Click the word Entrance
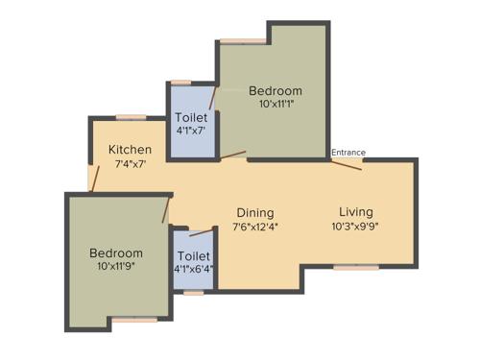pyautogui.click(x=348, y=152)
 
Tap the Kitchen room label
pyautogui.click(x=130, y=150)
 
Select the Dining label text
pyautogui.click(x=253, y=213)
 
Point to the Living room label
pyautogui.click(x=355, y=212)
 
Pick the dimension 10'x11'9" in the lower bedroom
pyautogui.click(x=116, y=267)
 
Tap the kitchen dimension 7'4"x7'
pyautogui.click(x=130, y=164)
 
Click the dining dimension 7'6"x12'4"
pyautogui.click(x=253, y=227)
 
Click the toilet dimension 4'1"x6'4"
pyautogui.click(x=193, y=271)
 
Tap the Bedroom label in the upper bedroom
pyautogui.click(x=276, y=91)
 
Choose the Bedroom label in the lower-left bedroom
pyautogui.click(x=116, y=253)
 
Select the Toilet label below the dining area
pyautogui.click(x=193, y=256)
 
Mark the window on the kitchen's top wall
pyautogui.click(x=131, y=117)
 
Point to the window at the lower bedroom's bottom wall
pyautogui.click(x=133, y=319)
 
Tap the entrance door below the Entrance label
pyautogui.click(x=347, y=164)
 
